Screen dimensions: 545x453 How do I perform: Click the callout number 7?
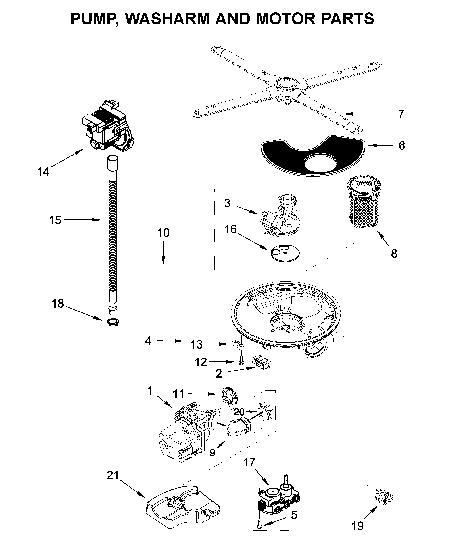pyautogui.click(x=401, y=114)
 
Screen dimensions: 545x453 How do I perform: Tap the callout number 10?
pyautogui.click(x=163, y=233)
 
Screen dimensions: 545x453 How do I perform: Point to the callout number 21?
pyautogui.click(x=113, y=475)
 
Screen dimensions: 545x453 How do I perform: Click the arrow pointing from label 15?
pyautogui.click(x=83, y=220)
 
